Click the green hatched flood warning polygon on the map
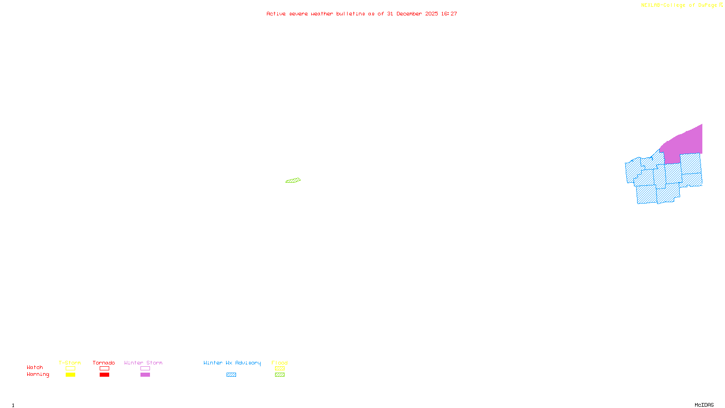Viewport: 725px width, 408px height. tap(293, 180)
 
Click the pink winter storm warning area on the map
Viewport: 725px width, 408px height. tap(684, 142)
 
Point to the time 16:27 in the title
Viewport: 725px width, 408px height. tap(449, 14)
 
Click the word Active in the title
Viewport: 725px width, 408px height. tap(275, 14)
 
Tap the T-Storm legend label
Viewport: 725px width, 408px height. tap(70, 363)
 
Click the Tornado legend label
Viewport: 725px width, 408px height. tap(104, 363)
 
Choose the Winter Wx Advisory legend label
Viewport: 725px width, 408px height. tap(232, 363)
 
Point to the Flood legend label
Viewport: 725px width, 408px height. tap(280, 363)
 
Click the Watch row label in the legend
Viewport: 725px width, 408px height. tap(35, 367)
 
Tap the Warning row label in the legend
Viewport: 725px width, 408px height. tap(38, 374)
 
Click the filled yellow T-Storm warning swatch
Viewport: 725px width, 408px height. tap(70, 375)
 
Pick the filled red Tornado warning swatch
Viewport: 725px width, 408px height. tap(104, 375)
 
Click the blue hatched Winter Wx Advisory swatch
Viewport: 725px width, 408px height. tap(231, 375)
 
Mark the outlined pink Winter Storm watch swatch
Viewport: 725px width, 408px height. tap(145, 369)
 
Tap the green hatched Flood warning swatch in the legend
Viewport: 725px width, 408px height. tap(280, 375)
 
